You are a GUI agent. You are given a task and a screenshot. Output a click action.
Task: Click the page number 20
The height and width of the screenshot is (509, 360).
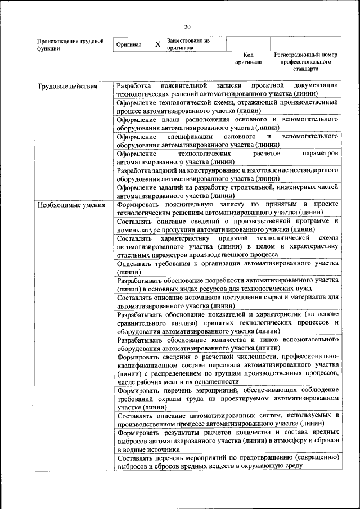pos(187,26)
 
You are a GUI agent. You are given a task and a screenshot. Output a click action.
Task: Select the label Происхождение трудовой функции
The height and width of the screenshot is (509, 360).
pos(70,45)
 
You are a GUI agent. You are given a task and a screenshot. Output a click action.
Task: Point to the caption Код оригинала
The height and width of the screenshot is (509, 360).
pos(249,58)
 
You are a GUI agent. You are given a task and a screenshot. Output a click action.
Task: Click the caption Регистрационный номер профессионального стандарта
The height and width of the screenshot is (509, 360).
pos(305,62)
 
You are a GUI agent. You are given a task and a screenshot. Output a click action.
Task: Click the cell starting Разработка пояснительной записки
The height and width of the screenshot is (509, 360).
pos(227,90)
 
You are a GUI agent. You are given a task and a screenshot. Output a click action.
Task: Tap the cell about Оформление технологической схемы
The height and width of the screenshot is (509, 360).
pos(227,107)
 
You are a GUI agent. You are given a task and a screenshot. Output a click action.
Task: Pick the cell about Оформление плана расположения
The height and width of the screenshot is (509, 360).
pos(227,124)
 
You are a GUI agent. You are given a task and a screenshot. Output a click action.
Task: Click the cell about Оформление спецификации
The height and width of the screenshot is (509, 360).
pos(227,141)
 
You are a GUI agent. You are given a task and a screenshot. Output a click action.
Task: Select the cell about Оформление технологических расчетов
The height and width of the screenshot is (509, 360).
pos(227,157)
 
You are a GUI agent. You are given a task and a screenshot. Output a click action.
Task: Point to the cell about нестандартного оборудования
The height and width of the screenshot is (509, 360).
pos(227,174)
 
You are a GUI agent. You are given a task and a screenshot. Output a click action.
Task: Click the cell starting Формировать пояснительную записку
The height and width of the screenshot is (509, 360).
pos(227,208)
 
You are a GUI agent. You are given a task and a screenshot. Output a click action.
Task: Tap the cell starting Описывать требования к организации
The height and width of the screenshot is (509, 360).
pos(227,267)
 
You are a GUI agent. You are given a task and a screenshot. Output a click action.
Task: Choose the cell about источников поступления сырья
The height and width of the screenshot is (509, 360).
pos(227,301)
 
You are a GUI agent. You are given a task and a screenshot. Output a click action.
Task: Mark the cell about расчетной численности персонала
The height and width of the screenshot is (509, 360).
pos(227,369)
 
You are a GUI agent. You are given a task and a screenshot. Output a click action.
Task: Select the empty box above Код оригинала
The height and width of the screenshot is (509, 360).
pos(248,44)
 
